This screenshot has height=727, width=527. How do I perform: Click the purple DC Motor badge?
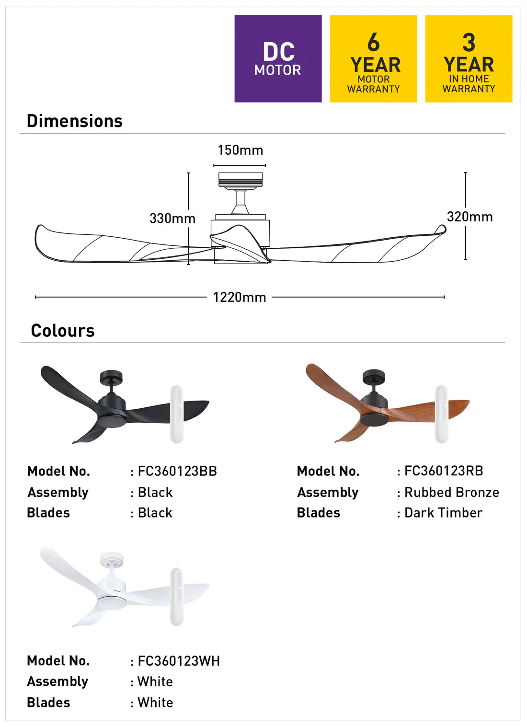tap(278, 58)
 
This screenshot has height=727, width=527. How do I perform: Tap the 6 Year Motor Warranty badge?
tap(373, 58)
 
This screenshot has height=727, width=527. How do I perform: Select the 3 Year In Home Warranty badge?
tap(469, 58)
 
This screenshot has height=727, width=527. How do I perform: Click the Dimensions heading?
tap(75, 121)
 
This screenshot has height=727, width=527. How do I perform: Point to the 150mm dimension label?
tap(240, 150)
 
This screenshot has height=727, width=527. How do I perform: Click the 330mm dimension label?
tap(172, 219)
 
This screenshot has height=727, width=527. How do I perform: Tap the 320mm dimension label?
tap(470, 217)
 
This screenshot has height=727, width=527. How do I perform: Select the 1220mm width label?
tap(240, 297)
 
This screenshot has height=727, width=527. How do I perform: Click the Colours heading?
tap(63, 331)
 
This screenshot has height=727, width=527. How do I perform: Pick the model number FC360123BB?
tap(177, 471)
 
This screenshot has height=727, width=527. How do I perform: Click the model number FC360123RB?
tap(444, 471)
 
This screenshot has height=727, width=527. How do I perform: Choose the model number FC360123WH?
tap(179, 661)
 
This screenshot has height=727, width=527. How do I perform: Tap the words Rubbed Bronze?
tap(452, 492)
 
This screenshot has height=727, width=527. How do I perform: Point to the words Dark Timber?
tap(443, 513)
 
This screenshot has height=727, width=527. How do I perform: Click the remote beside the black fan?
tap(177, 414)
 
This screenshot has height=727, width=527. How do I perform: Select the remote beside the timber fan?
tap(441, 414)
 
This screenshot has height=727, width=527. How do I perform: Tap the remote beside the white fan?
tap(177, 596)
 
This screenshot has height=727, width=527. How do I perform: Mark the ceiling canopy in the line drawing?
tap(241, 180)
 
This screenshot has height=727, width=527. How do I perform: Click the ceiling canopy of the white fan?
tap(112, 558)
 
